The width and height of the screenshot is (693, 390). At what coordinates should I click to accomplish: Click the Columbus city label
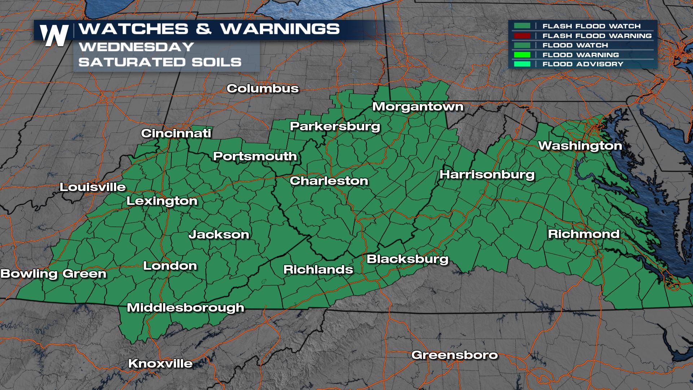tap(263, 88)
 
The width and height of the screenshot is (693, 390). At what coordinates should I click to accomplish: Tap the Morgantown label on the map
tap(418, 107)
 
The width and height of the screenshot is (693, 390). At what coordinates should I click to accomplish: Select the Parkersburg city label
tap(335, 126)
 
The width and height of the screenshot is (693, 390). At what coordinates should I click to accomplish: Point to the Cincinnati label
tap(176, 133)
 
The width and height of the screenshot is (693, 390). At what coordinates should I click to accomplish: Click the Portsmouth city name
tap(255, 156)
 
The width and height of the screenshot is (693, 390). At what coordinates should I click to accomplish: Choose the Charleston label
tap(329, 181)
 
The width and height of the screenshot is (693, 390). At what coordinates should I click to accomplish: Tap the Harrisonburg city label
tap(487, 175)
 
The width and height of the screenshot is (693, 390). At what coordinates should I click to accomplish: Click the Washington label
tap(580, 146)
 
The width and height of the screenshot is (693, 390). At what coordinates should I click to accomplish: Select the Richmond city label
tap(584, 234)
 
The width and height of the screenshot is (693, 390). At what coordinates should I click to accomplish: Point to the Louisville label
tap(93, 187)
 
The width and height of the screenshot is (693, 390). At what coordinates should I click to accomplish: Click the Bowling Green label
tap(53, 274)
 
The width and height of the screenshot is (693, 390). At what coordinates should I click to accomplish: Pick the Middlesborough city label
tap(186, 308)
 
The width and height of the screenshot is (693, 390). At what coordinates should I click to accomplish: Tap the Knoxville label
tap(160, 363)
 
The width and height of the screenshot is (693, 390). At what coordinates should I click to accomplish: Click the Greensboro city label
tap(454, 355)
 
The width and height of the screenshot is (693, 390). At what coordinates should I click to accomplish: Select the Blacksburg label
tap(407, 259)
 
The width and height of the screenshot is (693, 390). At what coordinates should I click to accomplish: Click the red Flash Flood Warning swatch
tap(522, 36)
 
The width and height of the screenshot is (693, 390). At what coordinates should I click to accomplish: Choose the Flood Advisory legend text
tap(583, 64)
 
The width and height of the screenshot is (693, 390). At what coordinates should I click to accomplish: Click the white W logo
tap(55, 35)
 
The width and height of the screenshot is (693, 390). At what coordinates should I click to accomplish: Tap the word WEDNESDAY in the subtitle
tap(136, 47)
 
